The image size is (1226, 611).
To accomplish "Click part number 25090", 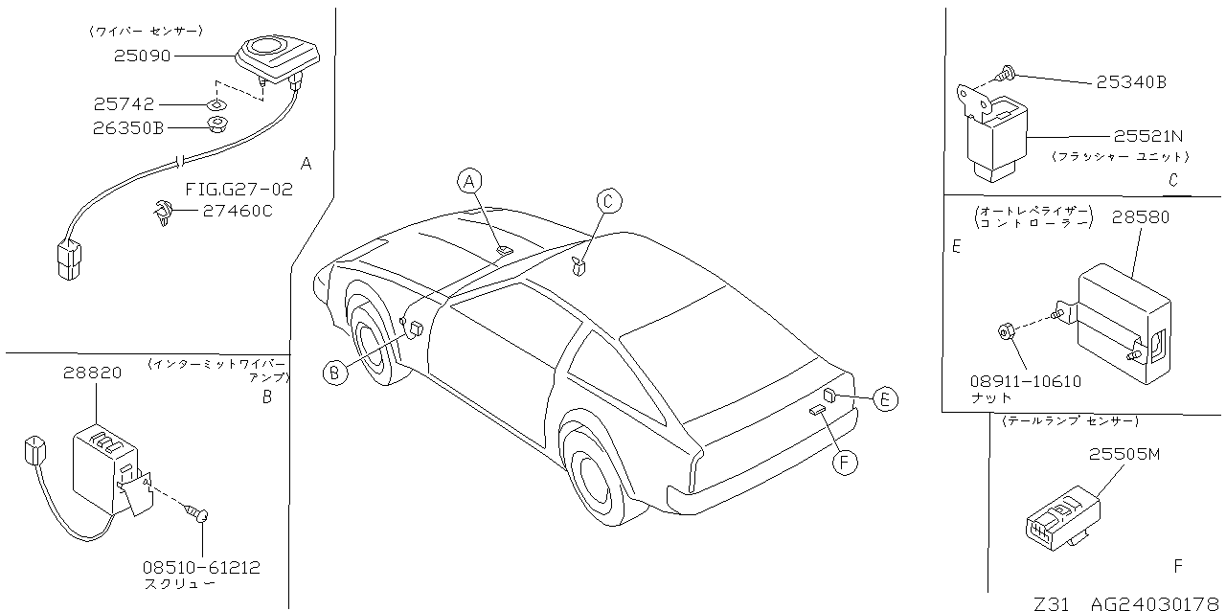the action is (x=143, y=56).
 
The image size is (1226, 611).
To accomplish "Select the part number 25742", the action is (x=124, y=104).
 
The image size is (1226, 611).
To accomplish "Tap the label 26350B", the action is (x=128, y=128).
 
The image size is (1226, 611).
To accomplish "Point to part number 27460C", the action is (x=238, y=211).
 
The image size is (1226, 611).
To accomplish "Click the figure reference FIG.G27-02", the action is (x=239, y=190).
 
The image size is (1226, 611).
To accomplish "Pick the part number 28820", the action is (x=92, y=373).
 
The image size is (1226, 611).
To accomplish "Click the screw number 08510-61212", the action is (x=201, y=567).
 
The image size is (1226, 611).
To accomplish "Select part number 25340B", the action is (x=1131, y=82).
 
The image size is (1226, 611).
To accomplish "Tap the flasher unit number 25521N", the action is (x=1148, y=136).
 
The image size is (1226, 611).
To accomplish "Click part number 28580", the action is (x=1141, y=217).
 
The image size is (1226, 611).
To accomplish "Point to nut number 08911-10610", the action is (x=1026, y=381).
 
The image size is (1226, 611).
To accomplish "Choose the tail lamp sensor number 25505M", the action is (x=1124, y=454).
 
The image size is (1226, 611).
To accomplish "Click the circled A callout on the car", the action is (x=469, y=181).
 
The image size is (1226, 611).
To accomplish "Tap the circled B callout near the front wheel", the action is (x=335, y=373).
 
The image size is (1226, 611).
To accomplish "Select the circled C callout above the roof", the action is (x=609, y=201).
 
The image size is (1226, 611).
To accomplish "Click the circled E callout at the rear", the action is (x=885, y=399).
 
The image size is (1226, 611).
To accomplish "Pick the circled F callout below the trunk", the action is (x=845, y=464).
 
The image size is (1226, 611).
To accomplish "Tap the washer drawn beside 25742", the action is (x=217, y=104).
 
